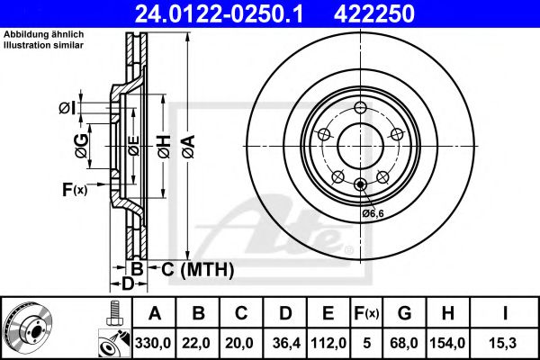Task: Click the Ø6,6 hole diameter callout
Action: [x=373, y=212]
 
